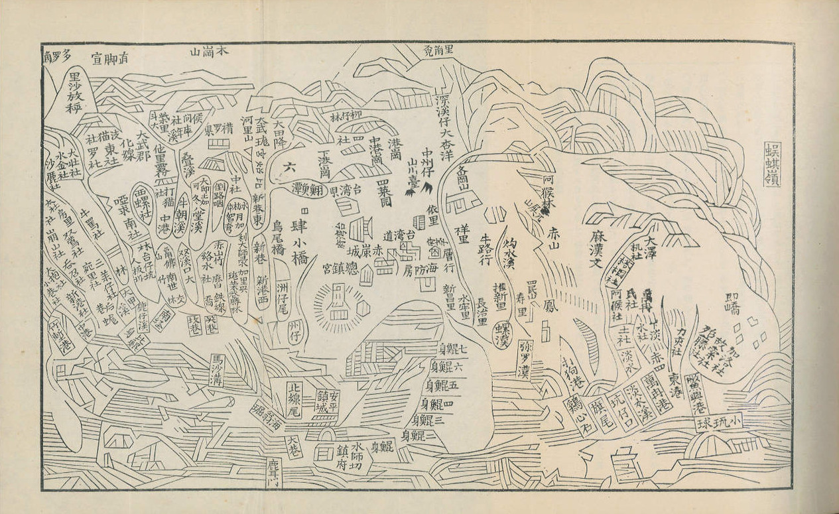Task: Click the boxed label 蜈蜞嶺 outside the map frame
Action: pos(772,164)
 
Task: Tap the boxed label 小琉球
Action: pos(719,422)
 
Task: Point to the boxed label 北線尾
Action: pos(294,400)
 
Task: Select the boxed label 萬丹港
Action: pos(661,390)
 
